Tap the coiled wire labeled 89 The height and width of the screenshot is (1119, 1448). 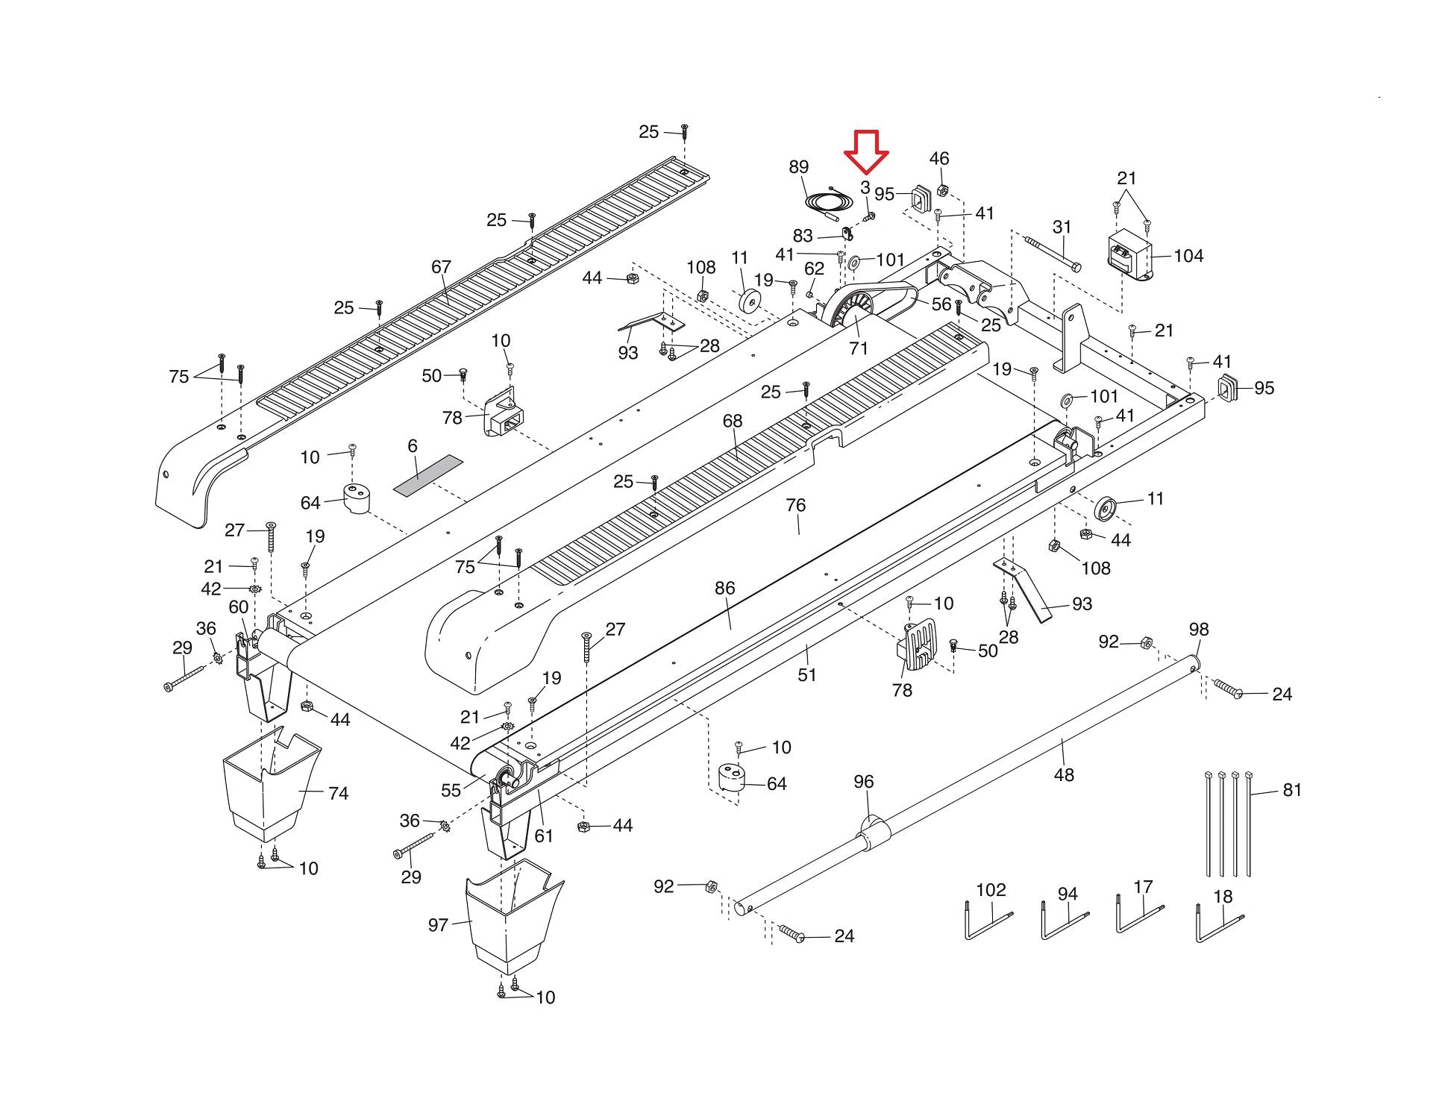click(826, 201)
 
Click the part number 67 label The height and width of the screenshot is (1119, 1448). click(441, 267)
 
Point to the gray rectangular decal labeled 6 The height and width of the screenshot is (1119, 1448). click(427, 475)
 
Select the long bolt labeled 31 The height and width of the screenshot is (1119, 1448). click(1052, 253)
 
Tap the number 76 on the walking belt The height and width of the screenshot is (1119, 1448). click(795, 505)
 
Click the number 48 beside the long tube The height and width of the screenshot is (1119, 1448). click(1063, 775)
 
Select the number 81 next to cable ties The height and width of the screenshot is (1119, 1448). click(1291, 790)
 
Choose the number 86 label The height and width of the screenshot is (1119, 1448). click(724, 589)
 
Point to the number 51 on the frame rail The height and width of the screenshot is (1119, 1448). click(806, 675)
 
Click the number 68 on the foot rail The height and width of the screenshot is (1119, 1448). click(732, 421)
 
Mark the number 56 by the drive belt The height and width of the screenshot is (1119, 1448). click(941, 304)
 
